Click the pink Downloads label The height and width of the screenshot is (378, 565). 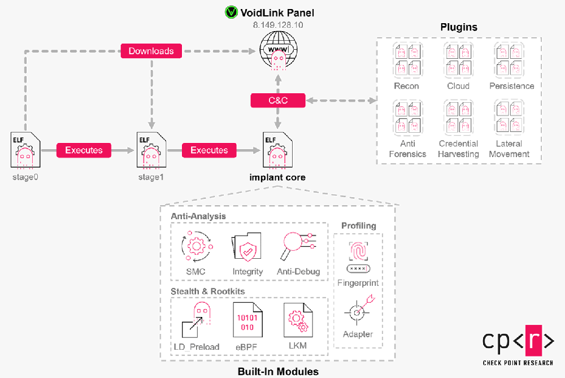click(151, 51)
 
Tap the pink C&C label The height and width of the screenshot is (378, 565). click(278, 101)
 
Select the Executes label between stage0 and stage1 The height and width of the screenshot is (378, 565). click(84, 150)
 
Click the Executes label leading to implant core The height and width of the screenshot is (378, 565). click(209, 150)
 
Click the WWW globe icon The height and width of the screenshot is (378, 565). click(277, 50)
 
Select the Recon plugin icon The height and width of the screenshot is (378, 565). click(406, 60)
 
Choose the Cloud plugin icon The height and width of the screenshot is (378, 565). click(458, 60)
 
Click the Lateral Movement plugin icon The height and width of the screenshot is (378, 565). click(509, 118)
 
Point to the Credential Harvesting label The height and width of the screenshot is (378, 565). click(458, 149)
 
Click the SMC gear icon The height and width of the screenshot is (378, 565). click(195, 247)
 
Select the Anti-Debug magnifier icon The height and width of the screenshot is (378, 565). click(298, 247)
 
